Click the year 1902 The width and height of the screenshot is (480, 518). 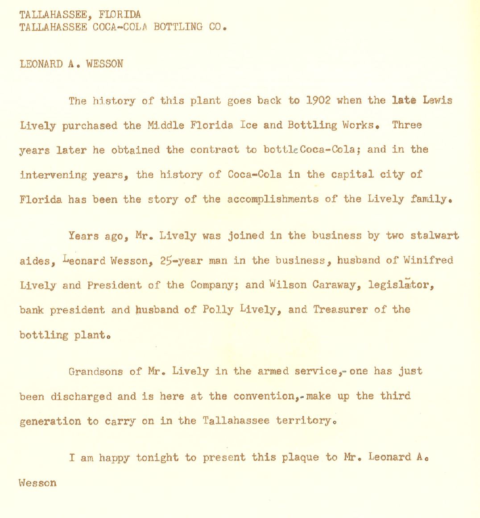pyautogui.click(x=318, y=100)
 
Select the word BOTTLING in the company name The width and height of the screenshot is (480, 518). pyautogui.click(x=178, y=27)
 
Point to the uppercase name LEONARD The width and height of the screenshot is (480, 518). pyautogui.click(x=41, y=64)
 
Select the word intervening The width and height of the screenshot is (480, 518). pyautogui.click(x=53, y=175)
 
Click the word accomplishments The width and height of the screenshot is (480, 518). pyautogui.click(x=272, y=200)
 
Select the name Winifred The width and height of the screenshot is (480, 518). pyautogui.click(x=428, y=260)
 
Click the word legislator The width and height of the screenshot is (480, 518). pyautogui.click(x=401, y=285)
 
